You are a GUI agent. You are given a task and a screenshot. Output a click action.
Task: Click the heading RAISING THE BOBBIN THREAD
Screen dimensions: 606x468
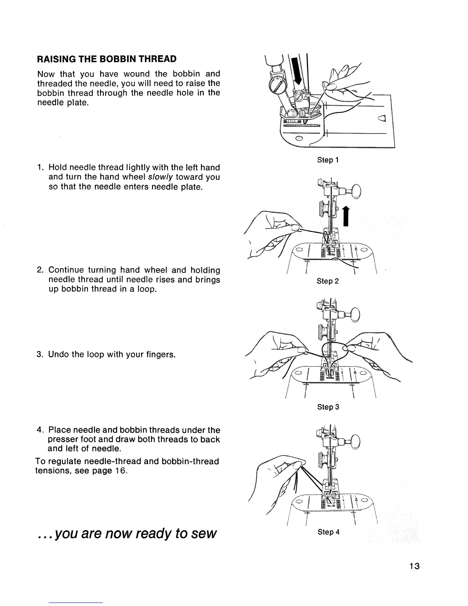pos(107,59)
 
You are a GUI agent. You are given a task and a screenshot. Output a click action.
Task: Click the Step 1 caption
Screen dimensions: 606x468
pos(328,160)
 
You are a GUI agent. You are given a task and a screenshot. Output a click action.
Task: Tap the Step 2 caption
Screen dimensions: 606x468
pos(328,281)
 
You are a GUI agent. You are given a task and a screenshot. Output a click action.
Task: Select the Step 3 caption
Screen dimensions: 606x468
pos(328,407)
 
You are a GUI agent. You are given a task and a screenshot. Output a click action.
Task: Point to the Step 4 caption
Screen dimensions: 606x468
pos(328,532)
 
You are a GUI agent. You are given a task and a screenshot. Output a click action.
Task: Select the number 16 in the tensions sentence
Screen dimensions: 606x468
pos(120,471)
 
